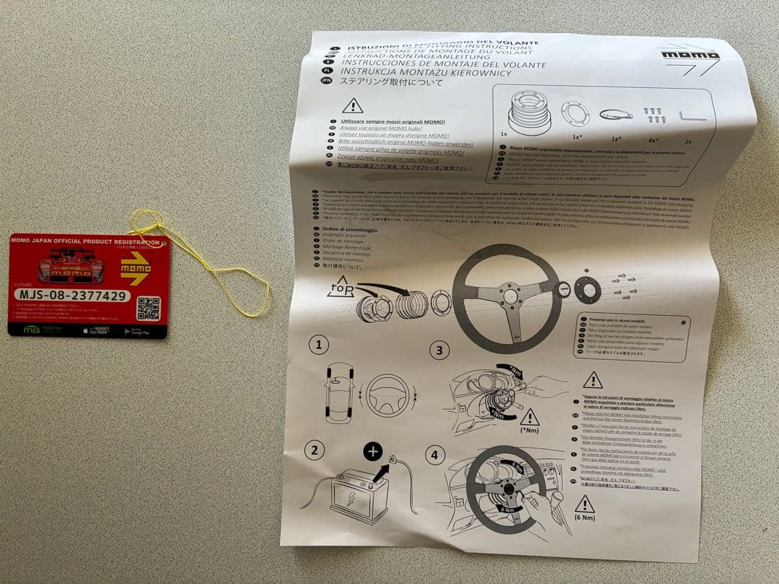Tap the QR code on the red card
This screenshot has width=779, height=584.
148,307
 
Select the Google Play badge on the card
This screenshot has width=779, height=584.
136,332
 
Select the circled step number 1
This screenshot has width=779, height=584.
320,345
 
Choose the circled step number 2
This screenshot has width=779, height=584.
314,451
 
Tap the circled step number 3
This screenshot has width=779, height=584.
439,352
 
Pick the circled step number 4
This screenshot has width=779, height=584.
433,455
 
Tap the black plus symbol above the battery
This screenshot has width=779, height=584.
372,451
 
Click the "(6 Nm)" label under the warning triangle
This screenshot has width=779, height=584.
584,518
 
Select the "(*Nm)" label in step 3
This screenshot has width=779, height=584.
529,430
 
